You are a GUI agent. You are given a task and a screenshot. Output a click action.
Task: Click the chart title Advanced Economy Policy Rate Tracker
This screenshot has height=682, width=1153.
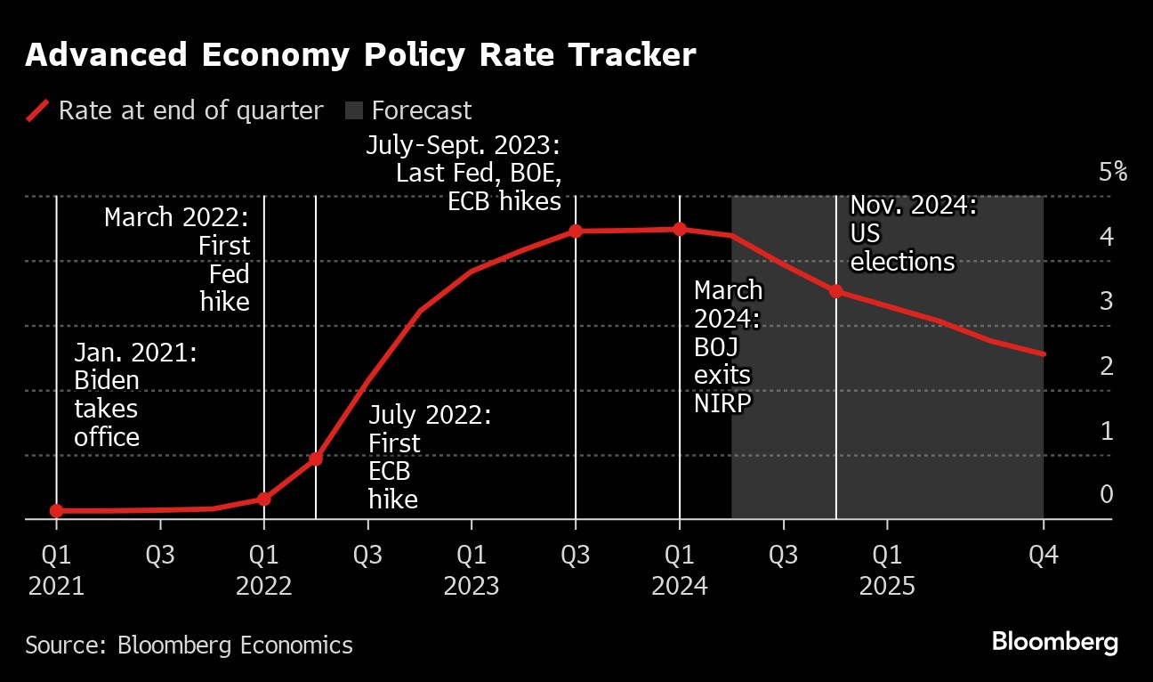pos(360,55)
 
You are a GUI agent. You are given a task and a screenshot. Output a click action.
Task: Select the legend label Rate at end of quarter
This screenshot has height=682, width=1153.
pos(190,111)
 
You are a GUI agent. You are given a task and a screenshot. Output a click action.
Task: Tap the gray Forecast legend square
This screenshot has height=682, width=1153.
pos(355,111)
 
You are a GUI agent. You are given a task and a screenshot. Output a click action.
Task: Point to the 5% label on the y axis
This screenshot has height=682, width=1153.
pos(1112,172)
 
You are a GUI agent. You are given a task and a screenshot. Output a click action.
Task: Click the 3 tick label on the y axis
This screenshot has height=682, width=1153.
pos(1107,301)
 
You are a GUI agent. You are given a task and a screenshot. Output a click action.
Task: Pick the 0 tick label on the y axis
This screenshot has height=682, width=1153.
pos(1107,494)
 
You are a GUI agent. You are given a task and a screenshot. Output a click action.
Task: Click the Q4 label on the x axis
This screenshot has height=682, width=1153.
pos(1043,556)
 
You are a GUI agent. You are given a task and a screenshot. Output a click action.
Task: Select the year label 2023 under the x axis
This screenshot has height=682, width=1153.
pos(472,587)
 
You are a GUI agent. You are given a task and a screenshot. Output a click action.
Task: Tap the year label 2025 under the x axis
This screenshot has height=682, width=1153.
pos(887,587)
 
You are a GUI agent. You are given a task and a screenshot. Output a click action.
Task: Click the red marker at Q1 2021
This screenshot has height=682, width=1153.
pos(57,511)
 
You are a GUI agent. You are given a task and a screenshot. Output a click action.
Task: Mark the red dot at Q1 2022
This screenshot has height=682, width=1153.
pos(263,499)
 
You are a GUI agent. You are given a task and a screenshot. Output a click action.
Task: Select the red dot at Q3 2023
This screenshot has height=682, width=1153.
pos(576,231)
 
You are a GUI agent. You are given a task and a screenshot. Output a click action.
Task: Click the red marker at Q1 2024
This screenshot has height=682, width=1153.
pos(680,230)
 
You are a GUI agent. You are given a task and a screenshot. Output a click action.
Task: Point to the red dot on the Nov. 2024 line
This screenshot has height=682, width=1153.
pos(836,291)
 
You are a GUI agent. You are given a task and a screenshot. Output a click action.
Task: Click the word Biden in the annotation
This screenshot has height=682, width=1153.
pos(107,381)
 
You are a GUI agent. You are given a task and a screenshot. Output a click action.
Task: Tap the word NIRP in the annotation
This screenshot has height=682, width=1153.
pos(722,402)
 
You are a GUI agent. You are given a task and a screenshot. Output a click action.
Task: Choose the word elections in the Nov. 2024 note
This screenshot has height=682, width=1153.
pos(902,263)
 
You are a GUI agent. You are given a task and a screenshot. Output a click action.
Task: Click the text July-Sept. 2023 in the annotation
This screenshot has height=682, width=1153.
pos(463,145)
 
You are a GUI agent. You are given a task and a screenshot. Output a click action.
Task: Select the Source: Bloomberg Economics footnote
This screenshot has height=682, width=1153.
pos(189,645)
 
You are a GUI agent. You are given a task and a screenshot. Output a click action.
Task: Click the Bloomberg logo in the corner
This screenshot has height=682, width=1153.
pos(1054,642)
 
